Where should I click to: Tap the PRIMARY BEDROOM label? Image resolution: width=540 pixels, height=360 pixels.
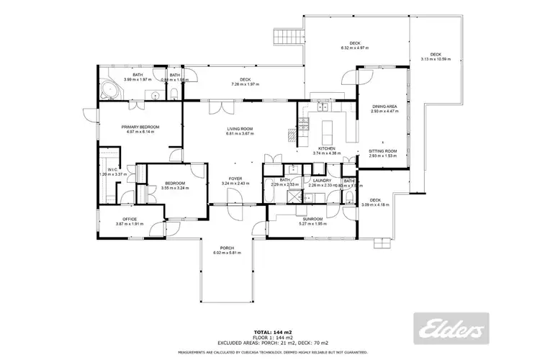click(141, 127)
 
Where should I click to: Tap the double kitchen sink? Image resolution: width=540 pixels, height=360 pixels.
click(324, 108)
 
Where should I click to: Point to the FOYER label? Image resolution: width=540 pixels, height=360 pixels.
click(235, 178)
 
